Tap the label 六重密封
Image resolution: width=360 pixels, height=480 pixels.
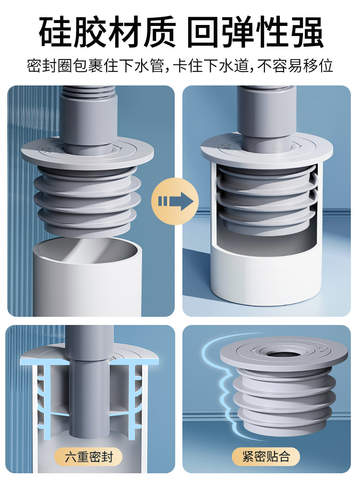(89, 457)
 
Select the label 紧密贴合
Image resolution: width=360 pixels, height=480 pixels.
(266, 456)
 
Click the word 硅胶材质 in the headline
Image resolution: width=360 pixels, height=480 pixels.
(107, 32)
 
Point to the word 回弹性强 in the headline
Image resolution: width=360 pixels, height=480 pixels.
(255, 32)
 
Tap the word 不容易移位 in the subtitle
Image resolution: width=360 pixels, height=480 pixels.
(295, 66)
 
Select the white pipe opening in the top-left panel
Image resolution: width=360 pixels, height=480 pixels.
(87, 250)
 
